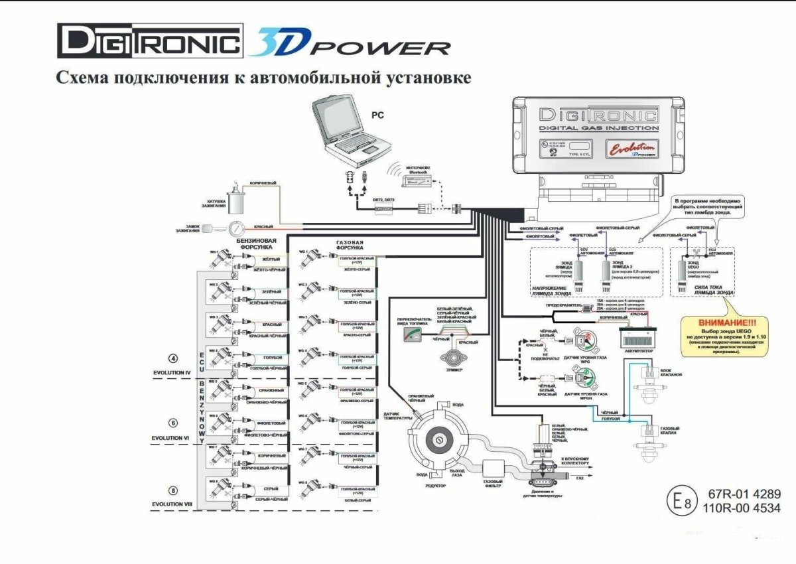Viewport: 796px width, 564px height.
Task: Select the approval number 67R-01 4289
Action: [x=740, y=494]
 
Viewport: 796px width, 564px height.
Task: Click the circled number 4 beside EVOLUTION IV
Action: [x=174, y=359]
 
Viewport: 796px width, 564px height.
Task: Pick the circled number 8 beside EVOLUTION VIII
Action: [x=174, y=491]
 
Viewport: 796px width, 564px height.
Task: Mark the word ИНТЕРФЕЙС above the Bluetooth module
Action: [x=419, y=167]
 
